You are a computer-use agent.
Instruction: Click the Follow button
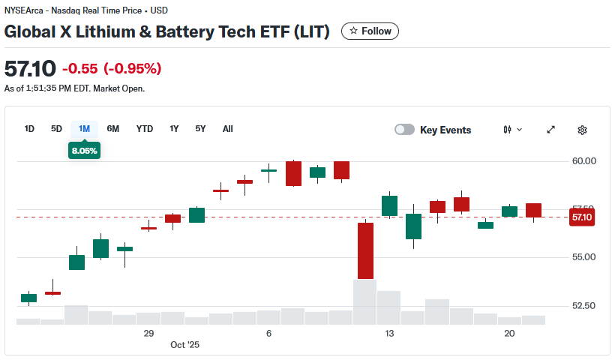pos(370,31)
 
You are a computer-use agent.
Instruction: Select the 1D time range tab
pos(29,129)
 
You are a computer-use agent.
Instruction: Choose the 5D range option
pos(56,129)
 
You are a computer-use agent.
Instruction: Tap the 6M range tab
pos(113,129)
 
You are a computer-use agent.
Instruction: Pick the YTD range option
pos(145,129)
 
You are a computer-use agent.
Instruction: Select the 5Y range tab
pos(200,129)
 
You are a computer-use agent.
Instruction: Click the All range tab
pos(228,129)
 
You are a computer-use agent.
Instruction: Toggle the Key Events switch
pos(405,130)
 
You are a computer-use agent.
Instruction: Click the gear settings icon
pos(582,130)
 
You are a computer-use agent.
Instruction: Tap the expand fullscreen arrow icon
pos(551,130)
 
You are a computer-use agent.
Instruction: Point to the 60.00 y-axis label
pos(583,160)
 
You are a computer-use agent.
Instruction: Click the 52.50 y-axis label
pos(583,306)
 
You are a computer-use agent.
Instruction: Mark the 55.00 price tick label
pos(583,257)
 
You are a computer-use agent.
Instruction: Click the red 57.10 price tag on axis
pos(582,217)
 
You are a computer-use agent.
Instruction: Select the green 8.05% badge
pos(84,151)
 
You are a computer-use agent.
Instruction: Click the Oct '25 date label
pos(185,345)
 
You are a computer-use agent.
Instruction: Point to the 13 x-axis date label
pos(389,333)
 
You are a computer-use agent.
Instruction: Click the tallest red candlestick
pos(365,250)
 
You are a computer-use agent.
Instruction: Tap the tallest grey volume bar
pos(365,301)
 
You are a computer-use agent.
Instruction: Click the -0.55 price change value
pos(80,69)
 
